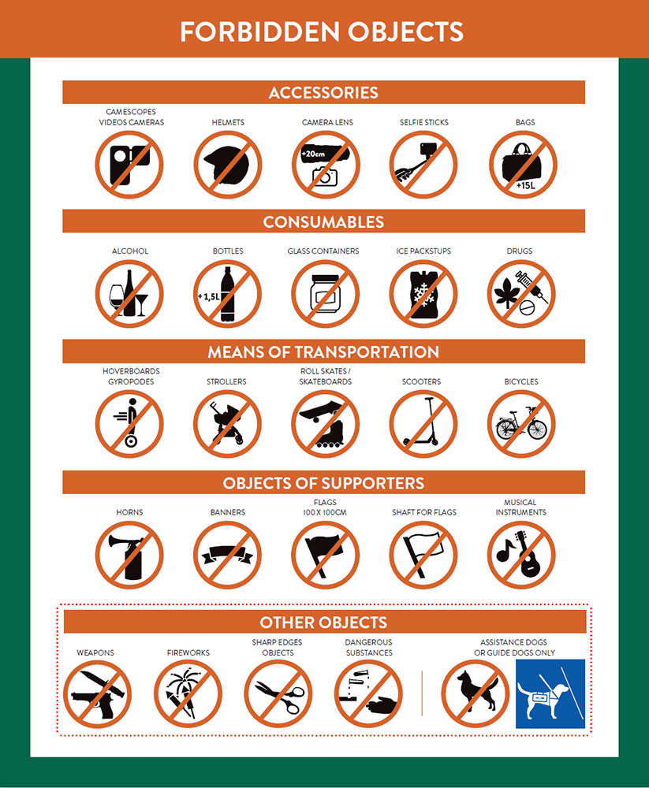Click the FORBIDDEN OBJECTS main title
pyautogui.click(x=322, y=32)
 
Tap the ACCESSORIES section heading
pyautogui.click(x=323, y=92)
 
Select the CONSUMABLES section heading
pyautogui.click(x=323, y=221)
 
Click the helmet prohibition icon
pyautogui.click(x=228, y=165)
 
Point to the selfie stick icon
pyautogui.click(x=423, y=165)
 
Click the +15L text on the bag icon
pyautogui.click(x=525, y=185)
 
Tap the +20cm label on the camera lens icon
pyautogui.click(x=313, y=154)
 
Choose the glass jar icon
pyautogui.click(x=326, y=294)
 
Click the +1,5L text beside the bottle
pyautogui.click(x=208, y=296)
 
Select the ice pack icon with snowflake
pyautogui.click(x=423, y=294)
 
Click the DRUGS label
pyautogui.click(x=519, y=251)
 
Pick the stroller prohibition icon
pyautogui.click(x=227, y=424)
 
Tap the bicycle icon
pyautogui.click(x=521, y=424)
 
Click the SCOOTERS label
pyautogui.click(x=421, y=381)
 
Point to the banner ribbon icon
pyautogui.click(x=227, y=555)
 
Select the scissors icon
pyautogui.click(x=278, y=694)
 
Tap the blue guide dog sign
pyautogui.click(x=550, y=693)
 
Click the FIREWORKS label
pyautogui.click(x=188, y=652)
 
